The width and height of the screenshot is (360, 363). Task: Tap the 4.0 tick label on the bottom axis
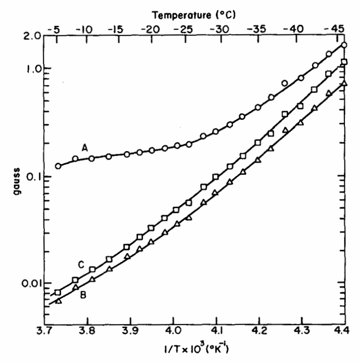tap(173, 334)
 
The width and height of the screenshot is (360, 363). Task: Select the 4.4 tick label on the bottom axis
tap(344, 334)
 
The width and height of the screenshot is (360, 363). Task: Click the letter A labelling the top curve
tap(85, 147)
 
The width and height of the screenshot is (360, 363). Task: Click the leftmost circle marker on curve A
tap(58, 166)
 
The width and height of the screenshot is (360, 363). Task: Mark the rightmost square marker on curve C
tap(344, 62)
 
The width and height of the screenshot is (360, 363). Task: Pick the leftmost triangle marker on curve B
tap(59, 301)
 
